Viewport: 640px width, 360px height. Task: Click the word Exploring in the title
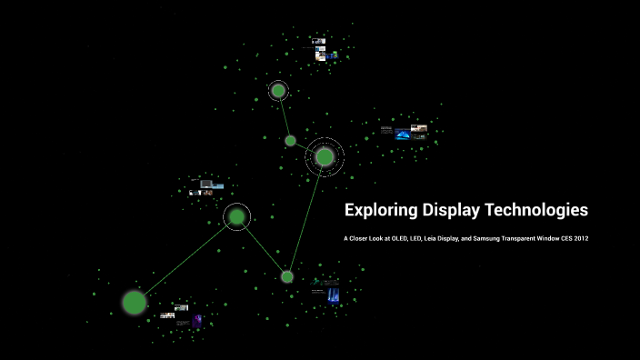pyautogui.click(x=380, y=211)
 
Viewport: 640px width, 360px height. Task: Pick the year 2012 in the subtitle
pyautogui.click(x=581, y=239)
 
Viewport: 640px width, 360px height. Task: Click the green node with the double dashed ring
pyautogui.click(x=325, y=157)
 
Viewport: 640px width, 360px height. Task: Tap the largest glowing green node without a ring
pyautogui.click(x=135, y=302)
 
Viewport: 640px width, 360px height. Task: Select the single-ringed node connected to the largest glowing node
pyautogui.click(x=236, y=216)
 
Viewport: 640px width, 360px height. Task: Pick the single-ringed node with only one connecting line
pyautogui.click(x=278, y=91)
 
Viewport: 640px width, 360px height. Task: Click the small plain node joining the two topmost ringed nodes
pyautogui.click(x=290, y=141)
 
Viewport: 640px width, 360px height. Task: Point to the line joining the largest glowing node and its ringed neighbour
pyautogui.click(x=185, y=259)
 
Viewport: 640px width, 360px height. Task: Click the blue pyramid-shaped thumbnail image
pyautogui.click(x=402, y=135)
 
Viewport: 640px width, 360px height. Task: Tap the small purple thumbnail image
pyautogui.click(x=197, y=320)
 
